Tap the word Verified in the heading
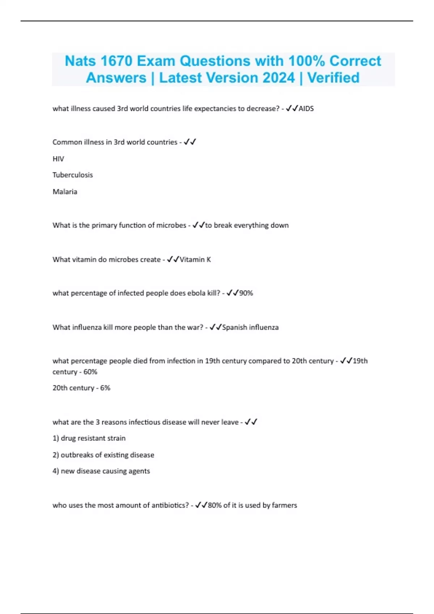(333, 78)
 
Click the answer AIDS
(306, 109)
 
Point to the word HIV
(58, 159)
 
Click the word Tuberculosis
(73, 175)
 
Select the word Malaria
(65, 192)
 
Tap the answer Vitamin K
(195, 260)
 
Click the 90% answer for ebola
(246, 293)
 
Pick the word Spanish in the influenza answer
(234, 328)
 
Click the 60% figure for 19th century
(90, 372)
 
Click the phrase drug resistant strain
(93, 438)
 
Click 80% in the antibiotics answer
(214, 505)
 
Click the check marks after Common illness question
(190, 142)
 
